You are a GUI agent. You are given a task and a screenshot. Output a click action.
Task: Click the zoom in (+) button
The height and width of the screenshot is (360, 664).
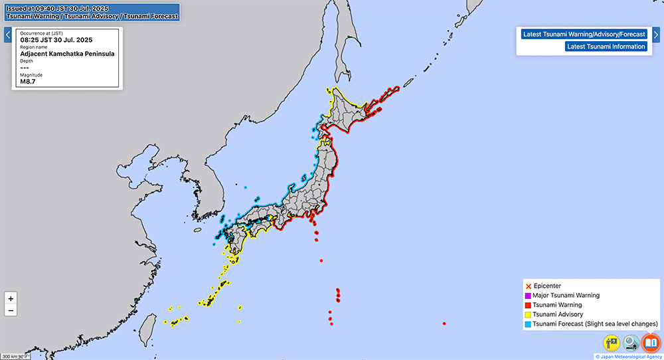pos(11,299)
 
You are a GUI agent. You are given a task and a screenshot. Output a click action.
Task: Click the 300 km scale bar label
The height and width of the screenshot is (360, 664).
pos(9,357)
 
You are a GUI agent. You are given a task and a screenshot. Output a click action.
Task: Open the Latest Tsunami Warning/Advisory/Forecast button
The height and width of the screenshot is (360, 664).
pos(584,34)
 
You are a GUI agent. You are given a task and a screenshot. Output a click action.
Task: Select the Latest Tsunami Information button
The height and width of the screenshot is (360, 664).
pos(606,46)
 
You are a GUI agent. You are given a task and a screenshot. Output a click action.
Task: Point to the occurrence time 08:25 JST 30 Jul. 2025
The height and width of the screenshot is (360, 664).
pos(56,40)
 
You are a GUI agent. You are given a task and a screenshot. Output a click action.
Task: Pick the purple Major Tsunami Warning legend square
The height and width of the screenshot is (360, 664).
pos(528,296)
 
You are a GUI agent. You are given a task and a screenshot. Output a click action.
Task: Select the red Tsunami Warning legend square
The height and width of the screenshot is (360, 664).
pos(528,305)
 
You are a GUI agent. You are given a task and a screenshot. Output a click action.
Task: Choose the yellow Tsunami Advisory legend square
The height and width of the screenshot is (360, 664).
pos(528,314)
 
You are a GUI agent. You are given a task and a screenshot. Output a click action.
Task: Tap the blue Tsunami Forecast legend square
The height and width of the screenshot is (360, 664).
pos(528,323)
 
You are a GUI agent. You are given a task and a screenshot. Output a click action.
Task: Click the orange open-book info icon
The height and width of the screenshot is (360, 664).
pos(651,343)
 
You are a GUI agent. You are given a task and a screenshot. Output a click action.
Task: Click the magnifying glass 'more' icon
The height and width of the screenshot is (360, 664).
pos(631,343)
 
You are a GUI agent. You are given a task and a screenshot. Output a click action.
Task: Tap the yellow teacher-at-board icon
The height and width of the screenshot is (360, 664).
pos(612,343)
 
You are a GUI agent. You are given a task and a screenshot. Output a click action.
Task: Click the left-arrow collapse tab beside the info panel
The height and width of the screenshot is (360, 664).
pos(7,35)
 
